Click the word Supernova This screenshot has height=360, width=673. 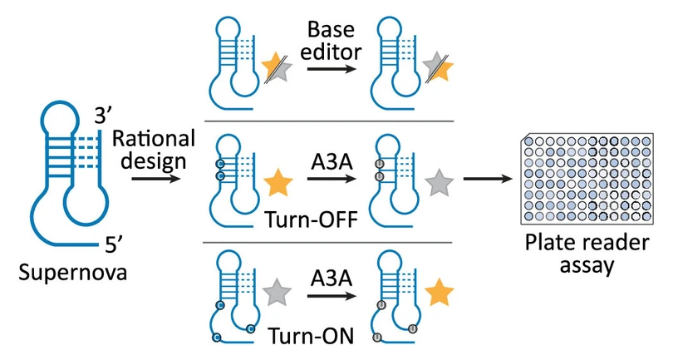point(73,273)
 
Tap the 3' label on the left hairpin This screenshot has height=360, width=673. point(102,115)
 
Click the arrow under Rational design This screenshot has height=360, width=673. point(156,178)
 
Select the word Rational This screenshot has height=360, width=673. point(154,139)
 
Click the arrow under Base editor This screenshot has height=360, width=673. point(332,68)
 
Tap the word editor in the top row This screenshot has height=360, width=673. point(331,52)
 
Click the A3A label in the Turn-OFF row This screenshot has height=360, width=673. point(332,162)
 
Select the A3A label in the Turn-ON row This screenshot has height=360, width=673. point(332,278)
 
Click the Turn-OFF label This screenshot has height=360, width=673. point(312,219)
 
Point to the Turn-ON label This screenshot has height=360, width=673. point(312,336)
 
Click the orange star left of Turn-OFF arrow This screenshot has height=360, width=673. point(278,183)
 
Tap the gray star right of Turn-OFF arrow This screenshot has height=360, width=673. point(439,183)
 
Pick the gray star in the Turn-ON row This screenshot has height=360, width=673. point(278,292)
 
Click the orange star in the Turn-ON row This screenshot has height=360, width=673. point(439,292)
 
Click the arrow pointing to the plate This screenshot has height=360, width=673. point(489,178)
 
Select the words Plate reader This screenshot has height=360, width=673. point(587,243)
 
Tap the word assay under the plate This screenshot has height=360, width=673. point(587,265)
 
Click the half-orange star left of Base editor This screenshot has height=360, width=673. point(277,67)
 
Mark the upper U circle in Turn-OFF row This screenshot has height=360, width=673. point(380,164)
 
